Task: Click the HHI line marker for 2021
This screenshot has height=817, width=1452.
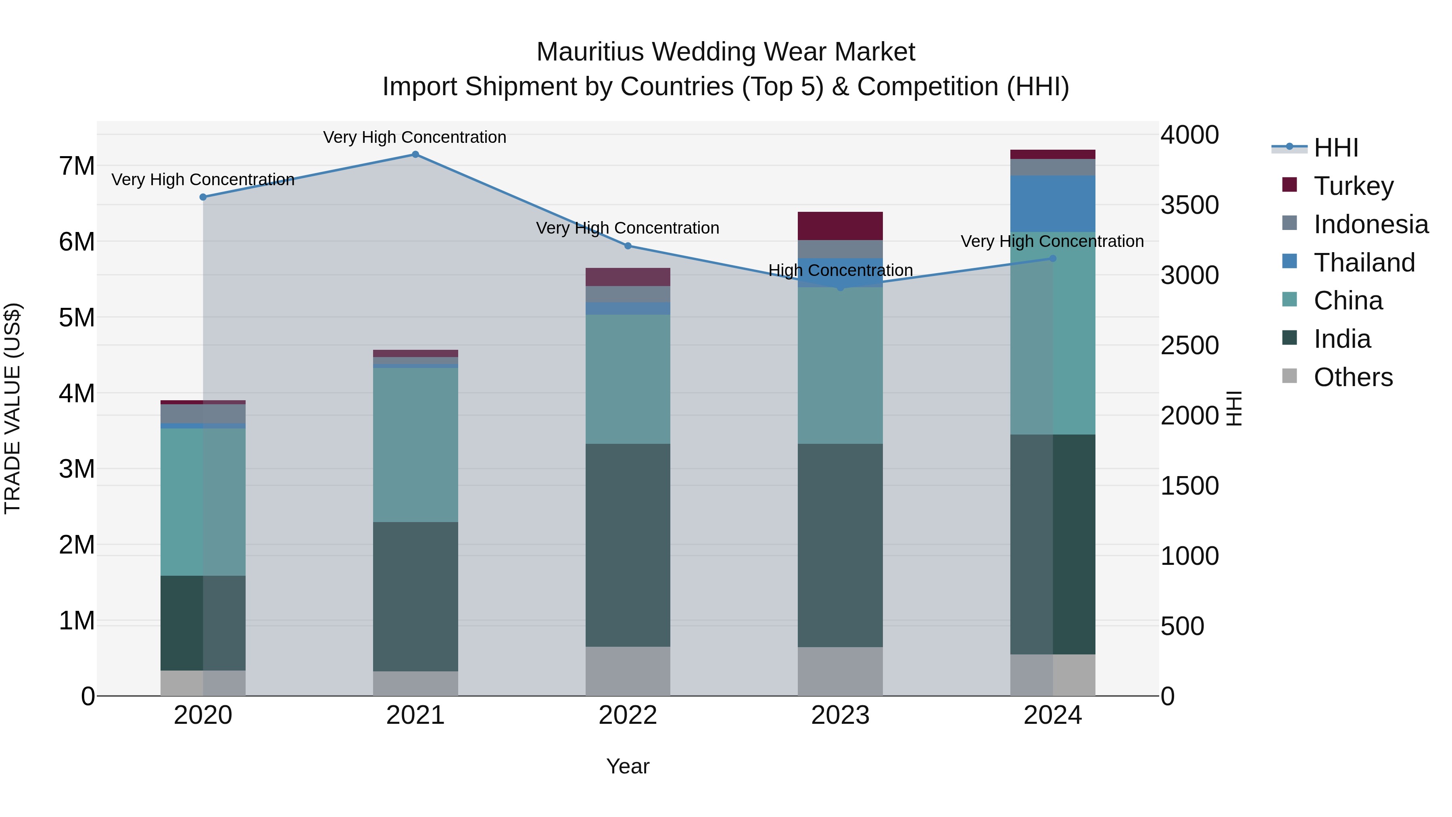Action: pyautogui.click(x=415, y=155)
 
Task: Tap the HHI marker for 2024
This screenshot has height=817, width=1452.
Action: pyautogui.click(x=1052, y=259)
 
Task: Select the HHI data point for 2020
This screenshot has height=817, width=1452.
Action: pyautogui.click(x=203, y=197)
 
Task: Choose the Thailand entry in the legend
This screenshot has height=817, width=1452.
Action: pyautogui.click(x=1364, y=263)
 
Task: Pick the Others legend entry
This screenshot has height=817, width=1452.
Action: pyautogui.click(x=1353, y=377)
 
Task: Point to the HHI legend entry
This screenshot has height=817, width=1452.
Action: pyautogui.click(x=1336, y=148)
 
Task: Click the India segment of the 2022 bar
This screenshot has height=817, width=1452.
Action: pyautogui.click(x=628, y=545)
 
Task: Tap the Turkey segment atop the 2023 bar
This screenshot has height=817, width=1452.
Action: pyautogui.click(x=840, y=226)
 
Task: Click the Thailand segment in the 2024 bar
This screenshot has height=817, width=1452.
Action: pyautogui.click(x=1052, y=204)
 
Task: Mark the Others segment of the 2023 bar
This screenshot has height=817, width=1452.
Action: pyautogui.click(x=840, y=671)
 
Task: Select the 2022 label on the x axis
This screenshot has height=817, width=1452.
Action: pyautogui.click(x=628, y=715)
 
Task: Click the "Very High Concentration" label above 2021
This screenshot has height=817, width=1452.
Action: pyautogui.click(x=415, y=138)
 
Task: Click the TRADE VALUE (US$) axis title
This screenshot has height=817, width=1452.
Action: pyautogui.click(x=13, y=408)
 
